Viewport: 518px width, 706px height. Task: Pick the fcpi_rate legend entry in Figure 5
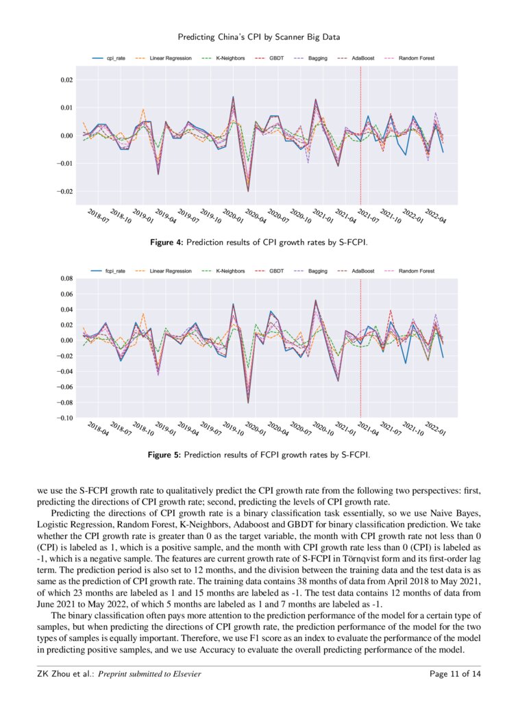110,271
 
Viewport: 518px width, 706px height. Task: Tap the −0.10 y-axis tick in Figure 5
63,418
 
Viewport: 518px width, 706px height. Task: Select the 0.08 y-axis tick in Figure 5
64,279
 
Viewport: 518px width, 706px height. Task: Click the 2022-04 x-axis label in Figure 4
434,218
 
